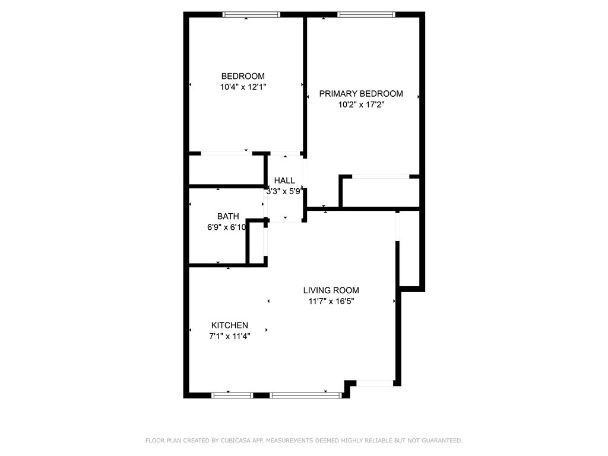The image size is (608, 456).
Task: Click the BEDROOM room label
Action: point(243,77)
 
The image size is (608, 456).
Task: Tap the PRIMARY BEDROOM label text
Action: point(361,94)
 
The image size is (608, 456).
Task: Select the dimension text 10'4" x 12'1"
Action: point(243,87)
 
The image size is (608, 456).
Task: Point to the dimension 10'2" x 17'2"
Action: point(361,104)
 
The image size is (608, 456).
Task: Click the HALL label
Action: point(284,180)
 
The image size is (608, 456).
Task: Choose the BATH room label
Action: point(228,216)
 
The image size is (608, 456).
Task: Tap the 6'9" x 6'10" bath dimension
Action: point(227,227)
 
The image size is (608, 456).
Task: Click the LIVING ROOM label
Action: point(331,290)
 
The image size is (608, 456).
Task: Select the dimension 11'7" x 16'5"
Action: point(331,301)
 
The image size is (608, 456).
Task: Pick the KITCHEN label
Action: point(230,325)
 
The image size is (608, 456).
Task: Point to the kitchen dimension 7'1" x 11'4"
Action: point(230,336)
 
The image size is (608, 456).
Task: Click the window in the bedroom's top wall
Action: point(251,15)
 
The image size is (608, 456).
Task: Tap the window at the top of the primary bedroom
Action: point(366,15)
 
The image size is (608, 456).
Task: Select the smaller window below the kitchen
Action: point(232,395)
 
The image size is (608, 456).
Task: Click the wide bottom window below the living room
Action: point(306,395)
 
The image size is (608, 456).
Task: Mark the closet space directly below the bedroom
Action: point(226,170)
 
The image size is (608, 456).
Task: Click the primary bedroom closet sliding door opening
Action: point(381,177)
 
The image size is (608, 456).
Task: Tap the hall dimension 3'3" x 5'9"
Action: point(284,191)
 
